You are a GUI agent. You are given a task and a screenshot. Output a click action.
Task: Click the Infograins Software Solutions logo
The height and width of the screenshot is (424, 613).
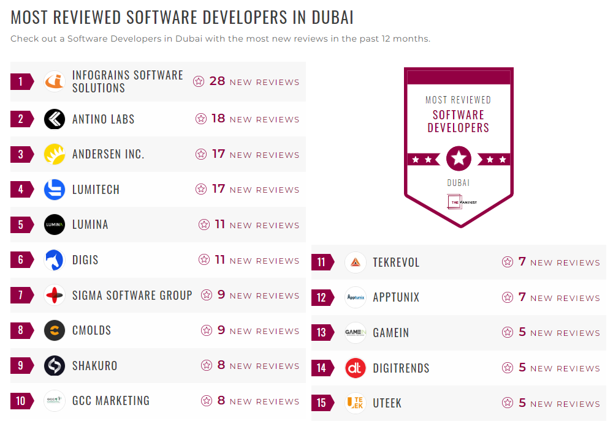[x=55, y=82]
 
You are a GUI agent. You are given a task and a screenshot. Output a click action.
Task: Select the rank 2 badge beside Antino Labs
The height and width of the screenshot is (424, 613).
[x=21, y=119]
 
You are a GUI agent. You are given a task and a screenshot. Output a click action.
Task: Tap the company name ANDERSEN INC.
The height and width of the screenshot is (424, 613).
[x=109, y=154]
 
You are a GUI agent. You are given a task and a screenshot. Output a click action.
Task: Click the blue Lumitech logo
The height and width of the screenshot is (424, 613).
[x=55, y=190]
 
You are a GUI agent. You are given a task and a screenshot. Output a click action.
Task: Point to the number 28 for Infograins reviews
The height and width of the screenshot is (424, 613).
[x=217, y=81]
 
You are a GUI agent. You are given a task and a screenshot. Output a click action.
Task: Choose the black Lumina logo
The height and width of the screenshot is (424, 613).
[x=55, y=225]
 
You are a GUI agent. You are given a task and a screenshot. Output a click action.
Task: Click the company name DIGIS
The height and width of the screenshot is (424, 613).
[x=85, y=260]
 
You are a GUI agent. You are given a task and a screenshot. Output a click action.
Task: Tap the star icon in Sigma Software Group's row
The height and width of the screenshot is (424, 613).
[x=207, y=295]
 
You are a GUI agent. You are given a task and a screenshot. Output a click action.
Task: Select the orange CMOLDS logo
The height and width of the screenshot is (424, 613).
[x=55, y=330]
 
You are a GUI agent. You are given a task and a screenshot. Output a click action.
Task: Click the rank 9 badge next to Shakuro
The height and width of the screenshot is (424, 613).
[x=21, y=366]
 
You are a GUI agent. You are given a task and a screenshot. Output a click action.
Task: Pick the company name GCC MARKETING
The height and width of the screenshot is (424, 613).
[x=111, y=401]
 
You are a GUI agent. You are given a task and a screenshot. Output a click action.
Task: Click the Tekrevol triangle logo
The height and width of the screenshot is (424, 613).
[x=356, y=262]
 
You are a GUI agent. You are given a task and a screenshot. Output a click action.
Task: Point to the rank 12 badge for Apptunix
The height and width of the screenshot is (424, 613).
[x=322, y=298]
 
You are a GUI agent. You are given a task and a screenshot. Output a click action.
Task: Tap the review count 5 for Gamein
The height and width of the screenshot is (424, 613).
[x=522, y=332]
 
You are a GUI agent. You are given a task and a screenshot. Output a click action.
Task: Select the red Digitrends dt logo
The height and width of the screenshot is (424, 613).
[x=356, y=368]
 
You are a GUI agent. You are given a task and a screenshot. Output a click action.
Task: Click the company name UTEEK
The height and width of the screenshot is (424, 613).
[x=387, y=403]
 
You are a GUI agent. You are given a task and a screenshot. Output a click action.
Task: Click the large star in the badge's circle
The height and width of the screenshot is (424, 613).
[x=459, y=159]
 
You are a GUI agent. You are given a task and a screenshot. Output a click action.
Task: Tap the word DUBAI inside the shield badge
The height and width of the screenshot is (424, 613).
[x=459, y=182]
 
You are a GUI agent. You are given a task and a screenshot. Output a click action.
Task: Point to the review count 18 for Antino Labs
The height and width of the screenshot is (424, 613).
[x=218, y=119]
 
